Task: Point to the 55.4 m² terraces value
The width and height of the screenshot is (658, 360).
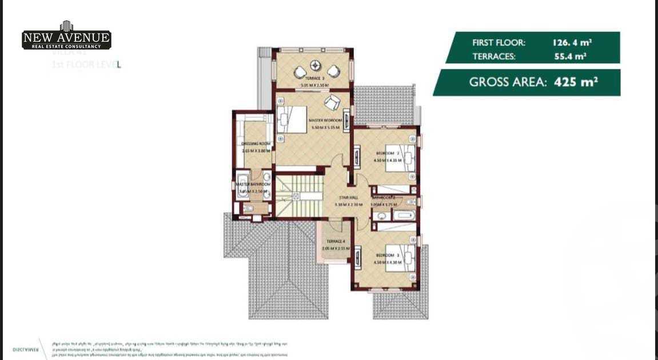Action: pyautogui.click(x=570, y=57)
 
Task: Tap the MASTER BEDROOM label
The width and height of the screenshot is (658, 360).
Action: pyautogui.click(x=325, y=121)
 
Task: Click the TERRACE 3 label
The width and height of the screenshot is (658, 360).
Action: pyautogui.click(x=314, y=78)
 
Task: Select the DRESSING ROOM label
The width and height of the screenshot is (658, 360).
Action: pyautogui.click(x=256, y=143)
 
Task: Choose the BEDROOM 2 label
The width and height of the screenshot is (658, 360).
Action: pyautogui.click(x=388, y=153)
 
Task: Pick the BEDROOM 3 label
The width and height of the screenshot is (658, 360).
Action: pyautogui.click(x=388, y=255)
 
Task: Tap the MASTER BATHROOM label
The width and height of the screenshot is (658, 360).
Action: pyautogui.click(x=253, y=184)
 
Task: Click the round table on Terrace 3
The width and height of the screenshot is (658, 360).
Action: pyautogui.click(x=314, y=64)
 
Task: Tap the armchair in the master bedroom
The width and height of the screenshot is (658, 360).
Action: pyautogui.click(x=332, y=103)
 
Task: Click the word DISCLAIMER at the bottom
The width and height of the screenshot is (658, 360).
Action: pyautogui.click(x=25, y=348)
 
